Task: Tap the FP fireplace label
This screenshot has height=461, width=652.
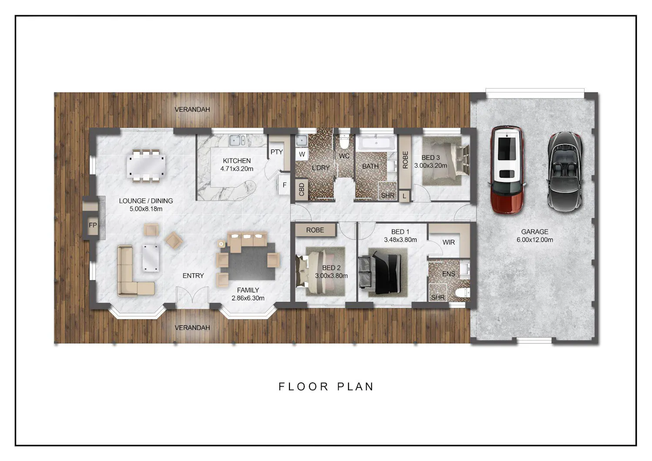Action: [93, 225]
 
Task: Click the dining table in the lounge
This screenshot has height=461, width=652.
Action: [146, 166]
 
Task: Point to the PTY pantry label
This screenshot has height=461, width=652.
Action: [276, 152]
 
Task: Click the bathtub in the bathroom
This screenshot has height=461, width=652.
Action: [376, 143]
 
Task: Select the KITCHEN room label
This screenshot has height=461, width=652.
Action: [236, 161]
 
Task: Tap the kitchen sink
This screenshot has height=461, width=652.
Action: [237, 140]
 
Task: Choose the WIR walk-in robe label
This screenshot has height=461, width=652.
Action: [449, 242]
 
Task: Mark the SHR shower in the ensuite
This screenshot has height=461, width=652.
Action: [438, 293]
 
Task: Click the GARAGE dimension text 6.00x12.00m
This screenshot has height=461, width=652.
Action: [535, 240]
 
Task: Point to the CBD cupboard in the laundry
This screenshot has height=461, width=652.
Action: [302, 189]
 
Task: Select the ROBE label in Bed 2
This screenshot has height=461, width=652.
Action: [315, 230]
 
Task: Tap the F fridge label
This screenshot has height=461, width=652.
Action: [284, 185]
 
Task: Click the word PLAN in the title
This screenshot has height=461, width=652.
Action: [356, 387]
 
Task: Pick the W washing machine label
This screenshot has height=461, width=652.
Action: [302, 154]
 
